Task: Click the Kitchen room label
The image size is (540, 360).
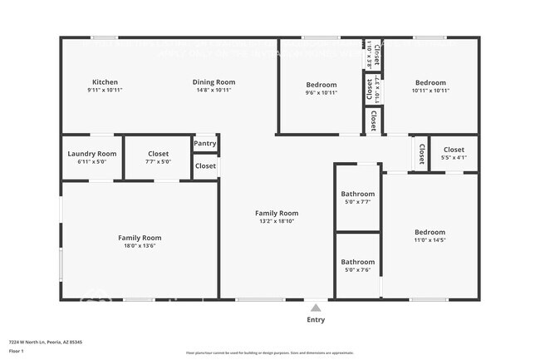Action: (105, 82)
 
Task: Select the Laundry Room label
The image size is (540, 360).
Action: (91, 154)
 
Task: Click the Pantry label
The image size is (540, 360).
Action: (205, 144)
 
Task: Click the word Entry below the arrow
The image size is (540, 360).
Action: (316, 319)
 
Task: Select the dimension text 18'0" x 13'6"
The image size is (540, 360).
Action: (140, 246)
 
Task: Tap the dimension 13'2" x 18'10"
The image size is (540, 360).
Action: (276, 221)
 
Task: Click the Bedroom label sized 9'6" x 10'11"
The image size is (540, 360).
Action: (321, 85)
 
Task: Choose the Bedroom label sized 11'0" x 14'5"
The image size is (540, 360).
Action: (430, 232)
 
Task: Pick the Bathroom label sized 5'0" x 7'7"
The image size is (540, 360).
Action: (357, 194)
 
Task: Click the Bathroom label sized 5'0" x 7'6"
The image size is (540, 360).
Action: (357, 262)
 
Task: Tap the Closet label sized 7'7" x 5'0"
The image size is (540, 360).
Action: (158, 154)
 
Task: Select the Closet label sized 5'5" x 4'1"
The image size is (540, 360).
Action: (454, 150)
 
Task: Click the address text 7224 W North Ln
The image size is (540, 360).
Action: (46, 342)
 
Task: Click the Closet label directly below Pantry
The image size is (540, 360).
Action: (205, 165)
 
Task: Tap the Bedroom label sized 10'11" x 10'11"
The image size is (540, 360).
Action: (430, 82)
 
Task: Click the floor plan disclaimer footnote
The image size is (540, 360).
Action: (270, 353)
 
